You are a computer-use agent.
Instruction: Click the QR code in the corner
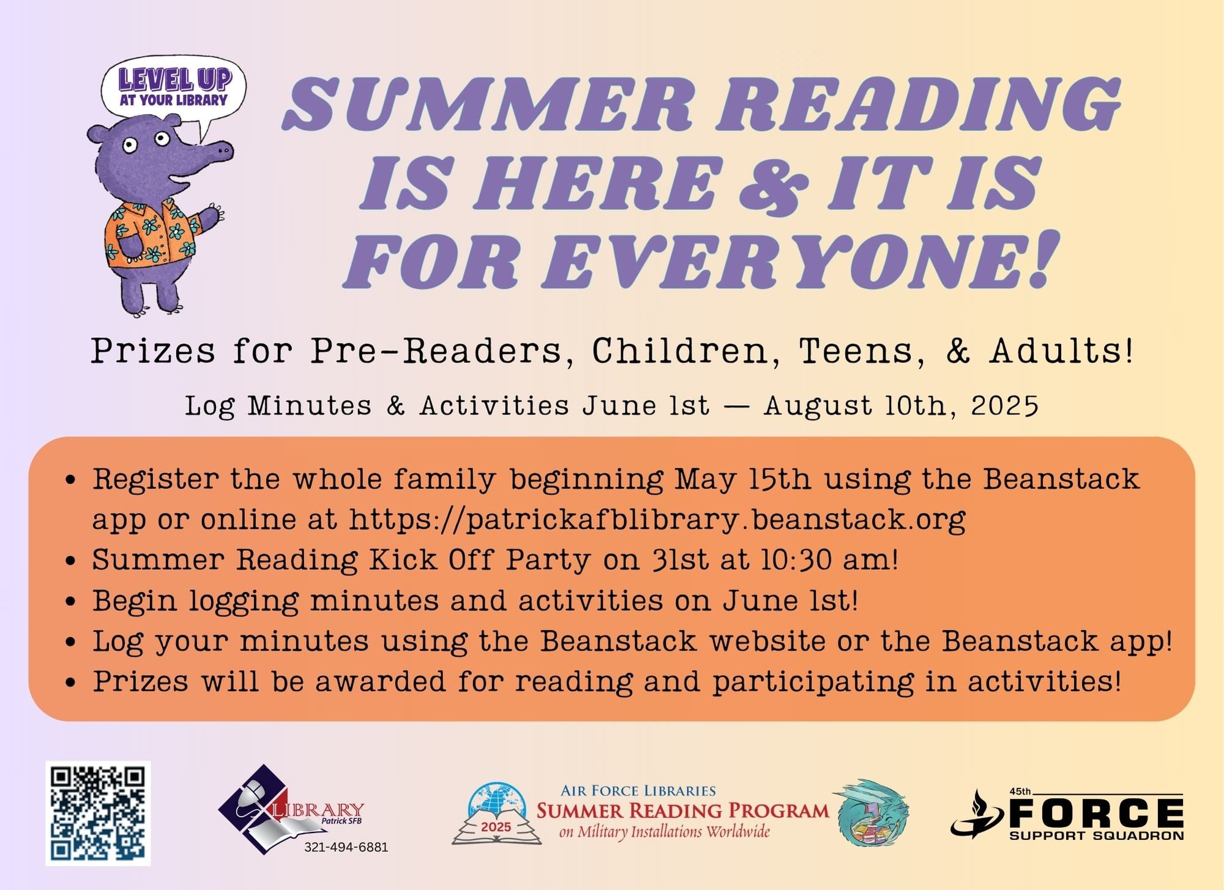(x=98, y=813)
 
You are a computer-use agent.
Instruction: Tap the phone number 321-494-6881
(x=346, y=848)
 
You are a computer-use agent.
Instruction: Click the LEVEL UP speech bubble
(x=174, y=92)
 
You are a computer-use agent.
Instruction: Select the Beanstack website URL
(x=657, y=520)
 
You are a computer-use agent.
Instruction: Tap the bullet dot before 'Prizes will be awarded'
(x=71, y=682)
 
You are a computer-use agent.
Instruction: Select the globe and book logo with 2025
(x=496, y=813)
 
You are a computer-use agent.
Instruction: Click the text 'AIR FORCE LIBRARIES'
(x=638, y=791)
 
